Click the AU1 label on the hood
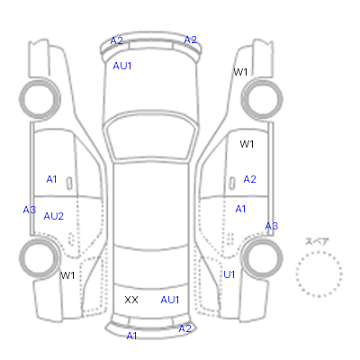point(122,66)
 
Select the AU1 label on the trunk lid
point(170,300)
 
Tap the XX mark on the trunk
point(131,300)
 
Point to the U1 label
point(229,274)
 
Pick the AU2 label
point(54,216)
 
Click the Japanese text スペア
point(317,241)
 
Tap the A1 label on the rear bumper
point(131,336)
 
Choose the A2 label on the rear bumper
point(184,328)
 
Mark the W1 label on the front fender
point(240,72)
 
